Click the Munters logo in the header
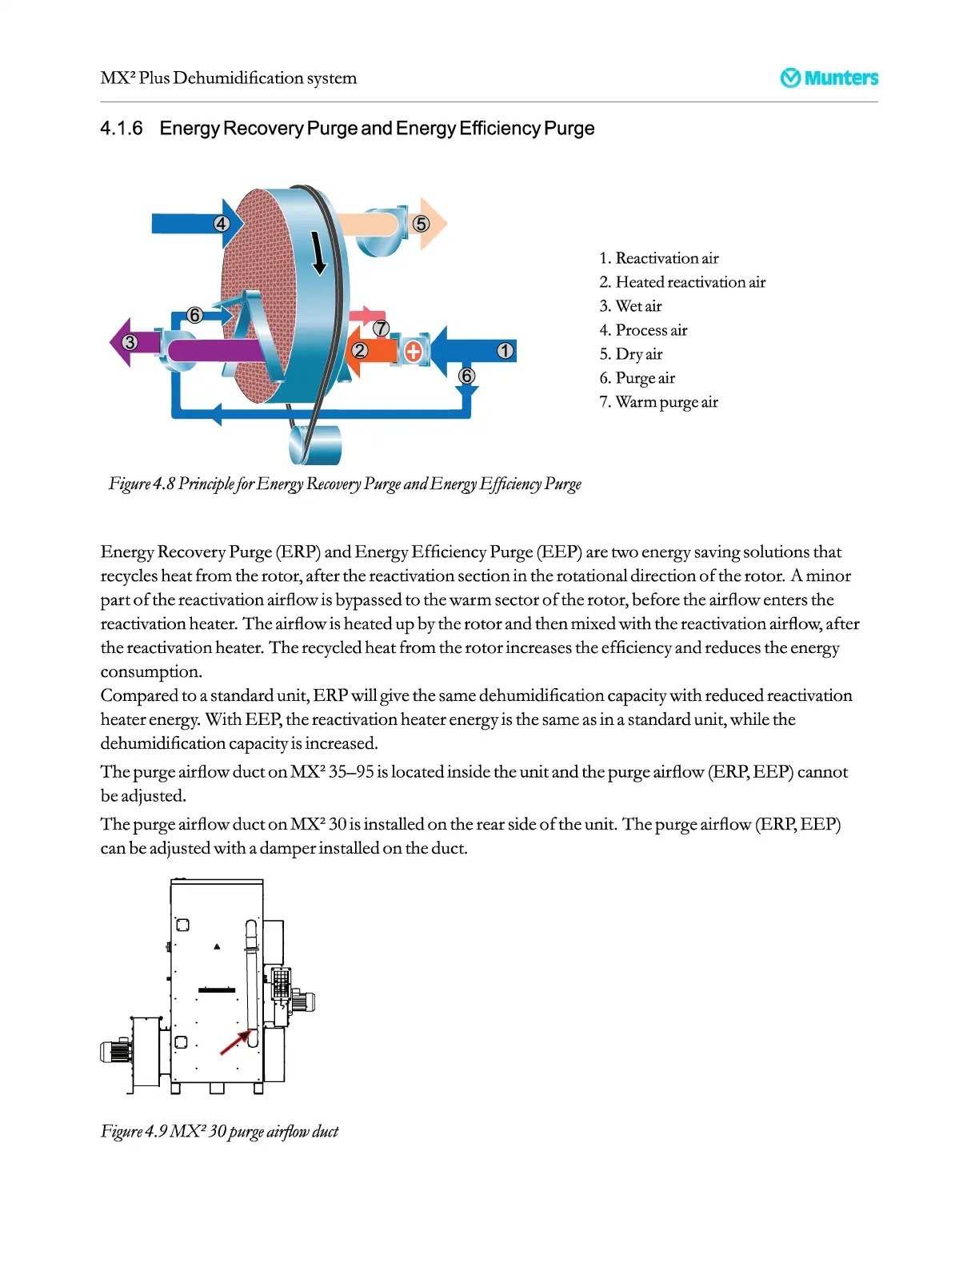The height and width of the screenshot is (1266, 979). [x=829, y=78]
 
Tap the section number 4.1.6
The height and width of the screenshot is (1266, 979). [x=122, y=129]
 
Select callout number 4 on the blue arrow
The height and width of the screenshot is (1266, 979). [x=222, y=224]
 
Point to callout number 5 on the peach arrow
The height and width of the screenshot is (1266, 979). [x=422, y=224]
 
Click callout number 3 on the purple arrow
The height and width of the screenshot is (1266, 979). [x=130, y=342]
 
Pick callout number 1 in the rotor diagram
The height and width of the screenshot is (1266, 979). [x=505, y=350]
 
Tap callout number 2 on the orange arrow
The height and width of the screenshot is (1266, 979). [x=360, y=350]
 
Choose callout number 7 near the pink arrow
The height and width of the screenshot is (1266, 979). [x=382, y=328]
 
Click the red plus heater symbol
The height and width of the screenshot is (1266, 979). [x=413, y=351]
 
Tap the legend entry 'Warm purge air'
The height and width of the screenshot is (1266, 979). [x=658, y=402]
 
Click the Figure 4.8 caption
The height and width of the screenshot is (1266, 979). [x=345, y=484]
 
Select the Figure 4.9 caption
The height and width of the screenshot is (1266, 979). [x=219, y=1131]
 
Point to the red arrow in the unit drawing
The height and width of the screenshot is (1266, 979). [x=234, y=1042]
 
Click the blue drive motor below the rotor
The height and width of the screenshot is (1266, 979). [x=316, y=444]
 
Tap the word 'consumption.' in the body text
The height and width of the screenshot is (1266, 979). [x=151, y=671]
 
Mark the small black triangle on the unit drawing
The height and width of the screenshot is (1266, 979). [x=217, y=946]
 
